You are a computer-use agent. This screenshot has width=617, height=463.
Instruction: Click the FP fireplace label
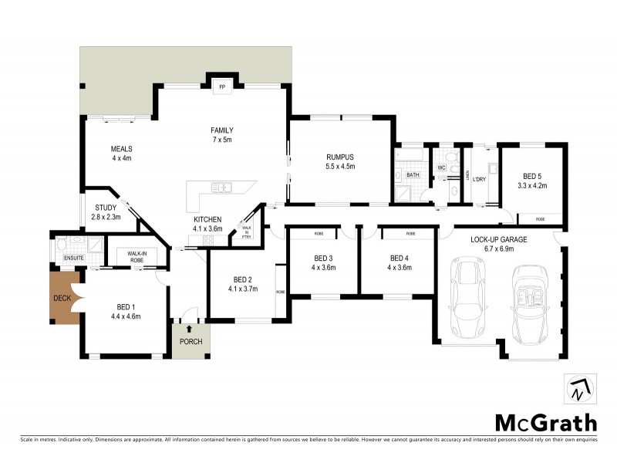222,86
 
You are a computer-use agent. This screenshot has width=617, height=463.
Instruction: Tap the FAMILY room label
222,130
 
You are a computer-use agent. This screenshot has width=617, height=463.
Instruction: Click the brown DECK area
62,298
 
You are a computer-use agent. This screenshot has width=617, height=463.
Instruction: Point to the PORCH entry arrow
185,330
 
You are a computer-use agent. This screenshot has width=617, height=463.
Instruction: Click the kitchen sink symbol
221,187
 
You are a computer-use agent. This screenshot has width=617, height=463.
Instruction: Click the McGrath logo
545,422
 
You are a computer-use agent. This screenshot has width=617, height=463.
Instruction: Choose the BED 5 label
533,176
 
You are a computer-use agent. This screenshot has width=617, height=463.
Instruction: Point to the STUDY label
106,208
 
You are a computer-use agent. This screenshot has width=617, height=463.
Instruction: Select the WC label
442,167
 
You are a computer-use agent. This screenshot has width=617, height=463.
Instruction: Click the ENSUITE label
74,258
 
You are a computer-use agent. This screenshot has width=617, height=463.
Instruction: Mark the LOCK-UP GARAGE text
499,240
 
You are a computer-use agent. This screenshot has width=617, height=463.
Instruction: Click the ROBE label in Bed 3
318,233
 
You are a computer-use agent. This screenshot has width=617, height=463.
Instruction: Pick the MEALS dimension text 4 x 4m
122,158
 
